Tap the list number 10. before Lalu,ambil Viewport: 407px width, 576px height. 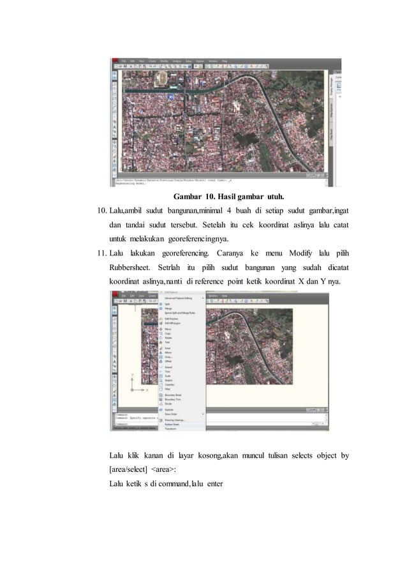point(101,211)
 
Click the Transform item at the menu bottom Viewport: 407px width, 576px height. point(171,428)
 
